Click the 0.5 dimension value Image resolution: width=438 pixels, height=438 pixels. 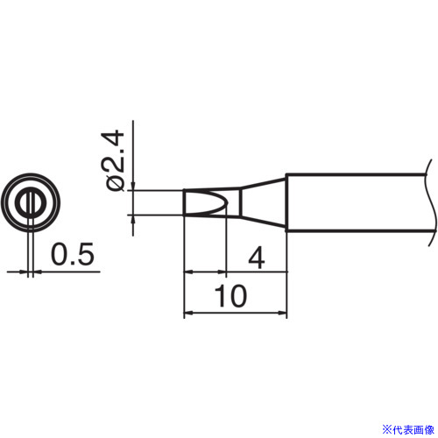pyautogui.click(x=73, y=254)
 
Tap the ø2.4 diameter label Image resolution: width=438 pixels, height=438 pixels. pyautogui.click(x=112, y=160)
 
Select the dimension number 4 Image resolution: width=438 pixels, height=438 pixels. pyautogui.click(x=257, y=258)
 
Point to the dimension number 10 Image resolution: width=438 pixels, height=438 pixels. pyautogui.click(x=230, y=296)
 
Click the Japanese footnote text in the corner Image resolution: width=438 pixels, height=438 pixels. pyautogui.click(x=408, y=430)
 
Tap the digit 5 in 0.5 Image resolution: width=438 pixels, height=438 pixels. pyautogui.click(x=86, y=254)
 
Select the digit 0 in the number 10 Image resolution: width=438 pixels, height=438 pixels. pyautogui.click(x=238, y=296)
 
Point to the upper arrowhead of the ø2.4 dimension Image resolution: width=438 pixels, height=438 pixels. pyautogui.click(x=133, y=186)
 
